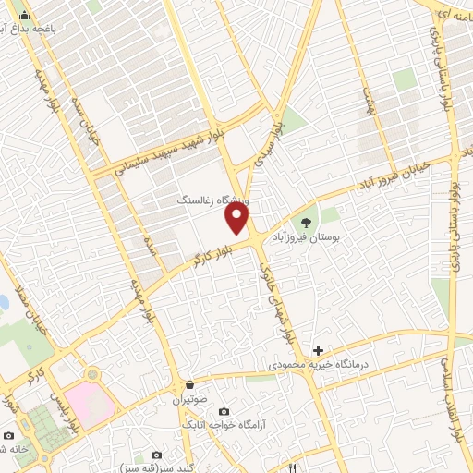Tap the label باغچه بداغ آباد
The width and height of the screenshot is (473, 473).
pyautogui.click(x=53, y=29)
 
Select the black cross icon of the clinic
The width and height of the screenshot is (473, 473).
pyautogui.click(x=318, y=350)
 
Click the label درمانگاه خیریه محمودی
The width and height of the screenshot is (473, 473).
pyautogui.click(x=318, y=366)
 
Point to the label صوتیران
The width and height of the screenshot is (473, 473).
pyautogui.click(x=190, y=401)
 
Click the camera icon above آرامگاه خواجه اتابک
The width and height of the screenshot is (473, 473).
pyautogui.click(x=223, y=411)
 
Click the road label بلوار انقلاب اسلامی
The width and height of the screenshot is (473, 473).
pyautogui.click(x=452, y=397)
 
